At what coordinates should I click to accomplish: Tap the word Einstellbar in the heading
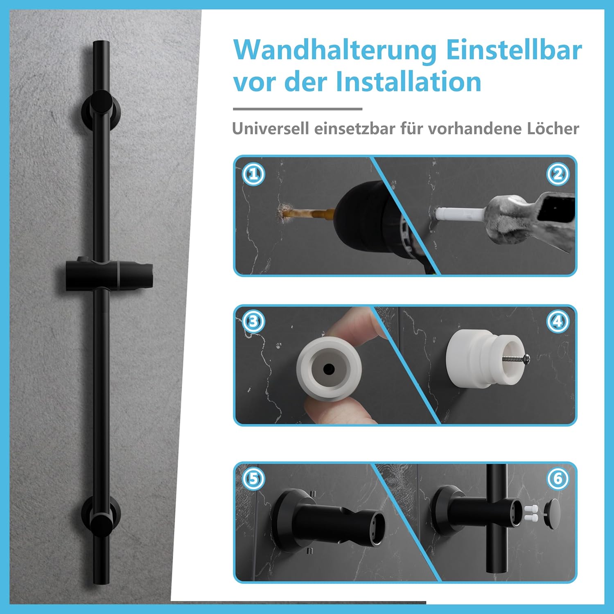click(x=513, y=50)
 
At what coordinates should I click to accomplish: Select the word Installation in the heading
click(x=409, y=82)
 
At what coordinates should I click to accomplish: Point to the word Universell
click(x=270, y=129)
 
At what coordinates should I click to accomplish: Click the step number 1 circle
click(x=253, y=175)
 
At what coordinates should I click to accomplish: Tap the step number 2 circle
click(x=558, y=175)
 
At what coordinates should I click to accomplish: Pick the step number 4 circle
click(x=558, y=322)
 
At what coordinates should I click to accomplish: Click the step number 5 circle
click(x=253, y=479)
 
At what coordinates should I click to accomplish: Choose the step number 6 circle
click(x=558, y=479)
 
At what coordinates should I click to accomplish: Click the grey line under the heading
click(x=298, y=109)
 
